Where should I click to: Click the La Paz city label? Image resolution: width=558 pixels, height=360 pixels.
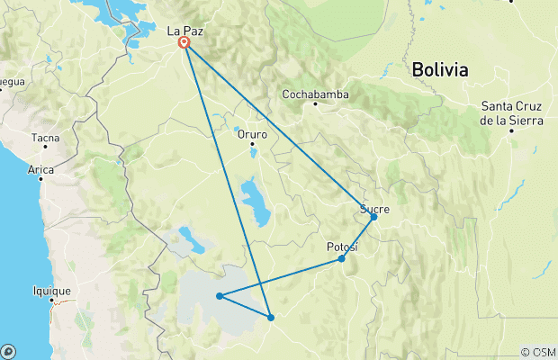(x=184, y=31)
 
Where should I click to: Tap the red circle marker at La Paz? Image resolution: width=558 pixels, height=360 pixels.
(x=184, y=42)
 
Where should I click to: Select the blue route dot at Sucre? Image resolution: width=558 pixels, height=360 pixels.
(x=373, y=217)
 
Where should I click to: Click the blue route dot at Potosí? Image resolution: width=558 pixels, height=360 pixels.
(x=342, y=259)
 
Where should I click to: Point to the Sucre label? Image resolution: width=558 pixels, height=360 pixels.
(x=374, y=209)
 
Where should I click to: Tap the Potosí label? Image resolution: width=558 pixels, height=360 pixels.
(x=341, y=247)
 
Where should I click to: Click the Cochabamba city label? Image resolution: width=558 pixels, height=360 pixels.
(x=316, y=94)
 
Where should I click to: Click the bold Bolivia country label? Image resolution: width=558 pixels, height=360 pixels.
(x=440, y=69)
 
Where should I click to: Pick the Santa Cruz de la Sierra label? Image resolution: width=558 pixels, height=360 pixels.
(x=510, y=112)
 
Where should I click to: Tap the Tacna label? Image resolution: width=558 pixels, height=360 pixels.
(x=46, y=139)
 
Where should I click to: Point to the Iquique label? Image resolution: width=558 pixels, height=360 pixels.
(x=50, y=291)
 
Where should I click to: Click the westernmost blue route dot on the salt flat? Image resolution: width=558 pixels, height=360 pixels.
(x=220, y=295)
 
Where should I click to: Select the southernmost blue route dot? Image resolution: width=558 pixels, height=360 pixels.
(x=270, y=316)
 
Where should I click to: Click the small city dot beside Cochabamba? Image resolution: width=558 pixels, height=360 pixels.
(x=316, y=104)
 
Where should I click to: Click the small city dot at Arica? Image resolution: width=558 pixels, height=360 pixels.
(x=40, y=178)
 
